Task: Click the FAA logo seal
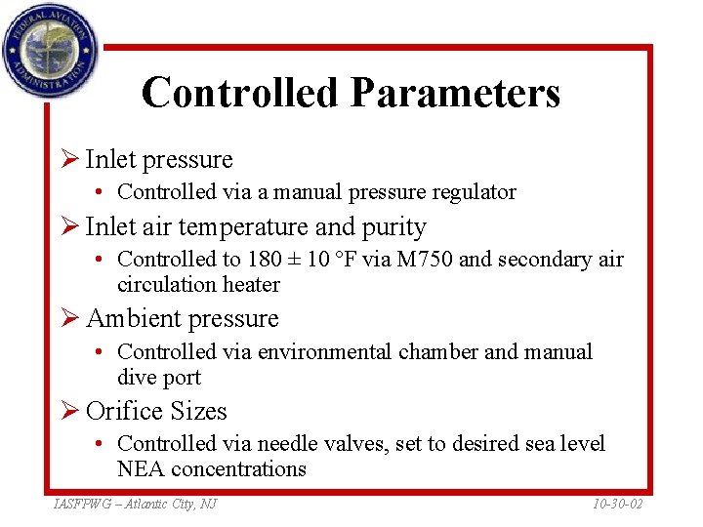click(50, 49)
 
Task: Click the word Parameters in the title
click(455, 93)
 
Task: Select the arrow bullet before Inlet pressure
click(69, 160)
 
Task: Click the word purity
click(395, 227)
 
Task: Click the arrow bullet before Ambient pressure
click(69, 319)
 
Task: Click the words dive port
click(159, 378)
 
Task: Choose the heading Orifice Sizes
click(156, 411)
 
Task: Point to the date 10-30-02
click(618, 504)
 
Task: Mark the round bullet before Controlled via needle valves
click(102, 444)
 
